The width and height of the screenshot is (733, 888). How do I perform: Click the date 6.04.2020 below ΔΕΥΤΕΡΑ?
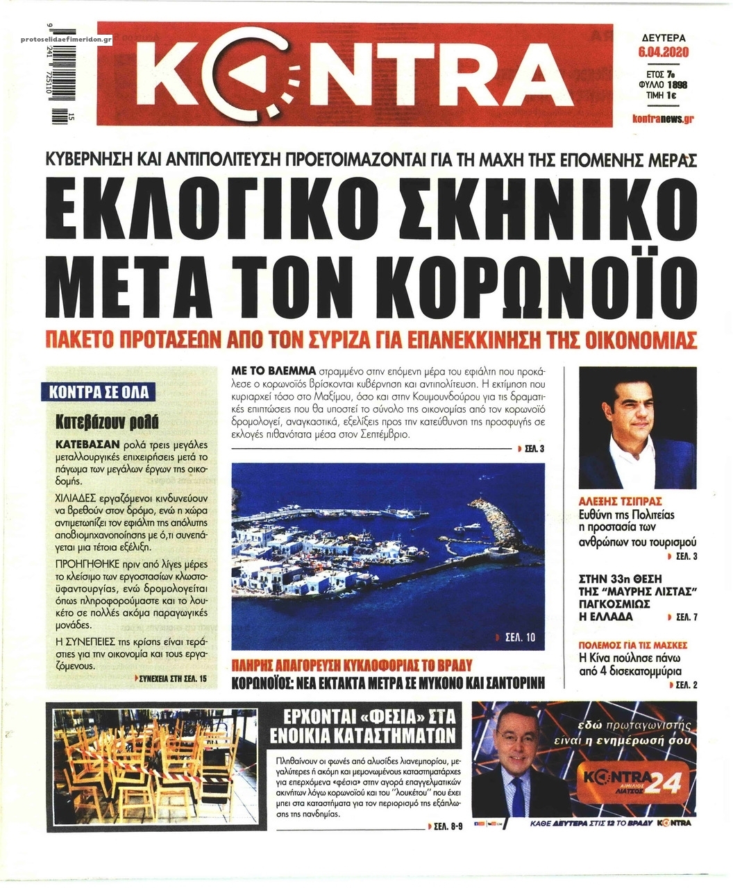(663, 52)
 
